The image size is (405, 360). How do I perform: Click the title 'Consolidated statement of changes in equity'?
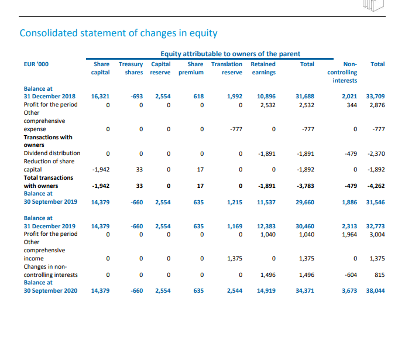[x=119, y=33]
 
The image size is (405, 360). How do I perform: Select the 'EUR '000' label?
[x=35, y=64]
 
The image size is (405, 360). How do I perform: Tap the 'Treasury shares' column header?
[x=131, y=68]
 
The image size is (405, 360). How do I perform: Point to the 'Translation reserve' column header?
[x=226, y=68]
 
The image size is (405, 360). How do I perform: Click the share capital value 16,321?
[x=100, y=96]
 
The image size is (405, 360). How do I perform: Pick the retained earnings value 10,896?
[x=266, y=96]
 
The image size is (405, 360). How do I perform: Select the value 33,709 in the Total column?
[x=375, y=96]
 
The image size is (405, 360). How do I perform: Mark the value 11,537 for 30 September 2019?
[x=266, y=202]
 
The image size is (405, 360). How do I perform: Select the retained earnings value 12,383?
[x=266, y=226]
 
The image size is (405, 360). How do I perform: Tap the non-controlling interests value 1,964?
[x=349, y=234]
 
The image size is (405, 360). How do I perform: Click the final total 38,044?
[x=375, y=290]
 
